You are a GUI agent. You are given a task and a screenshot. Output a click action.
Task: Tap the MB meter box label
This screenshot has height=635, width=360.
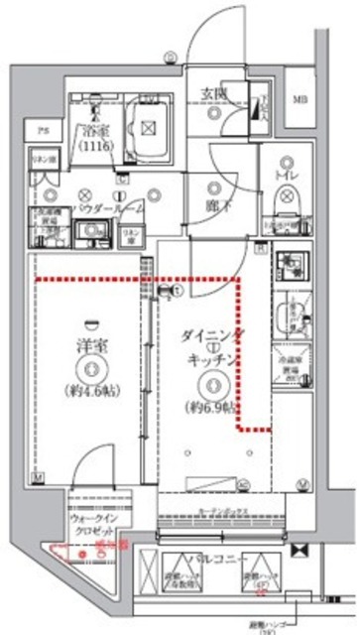[x=299, y=97]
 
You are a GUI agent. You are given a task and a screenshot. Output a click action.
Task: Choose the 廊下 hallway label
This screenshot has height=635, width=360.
[x=210, y=208]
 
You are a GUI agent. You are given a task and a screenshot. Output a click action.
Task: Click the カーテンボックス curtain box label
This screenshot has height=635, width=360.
[x=223, y=514]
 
